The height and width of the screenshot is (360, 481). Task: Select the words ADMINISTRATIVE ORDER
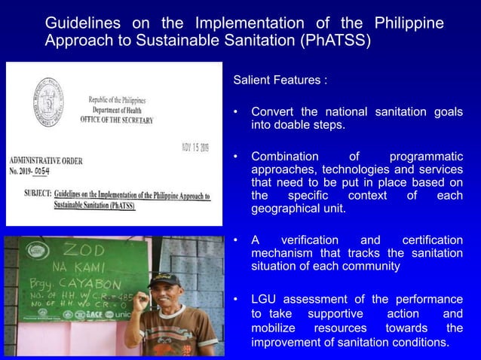47,161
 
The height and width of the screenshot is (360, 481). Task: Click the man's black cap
163,280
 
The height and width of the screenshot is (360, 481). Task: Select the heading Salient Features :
280,80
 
